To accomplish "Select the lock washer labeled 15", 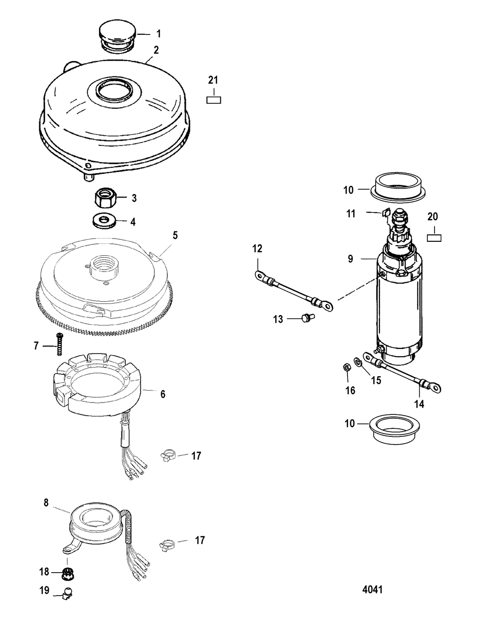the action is coord(358,360).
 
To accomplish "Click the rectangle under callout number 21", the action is coord(214,100).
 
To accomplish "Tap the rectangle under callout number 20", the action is coord(434,237).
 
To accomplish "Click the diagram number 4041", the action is coord(372,589).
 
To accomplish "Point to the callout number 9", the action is coord(350,259).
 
